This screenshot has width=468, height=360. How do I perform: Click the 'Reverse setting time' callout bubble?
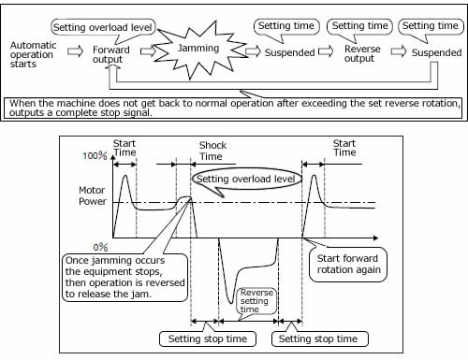[x=256, y=301]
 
